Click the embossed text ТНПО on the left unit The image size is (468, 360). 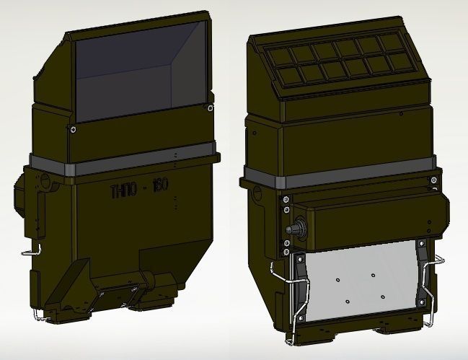tap(122, 190)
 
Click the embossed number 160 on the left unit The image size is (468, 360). tap(159, 186)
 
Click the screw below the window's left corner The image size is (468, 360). tap(72, 130)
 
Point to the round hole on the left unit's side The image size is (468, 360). tap(48, 184)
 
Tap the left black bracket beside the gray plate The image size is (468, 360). tap(296, 285)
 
